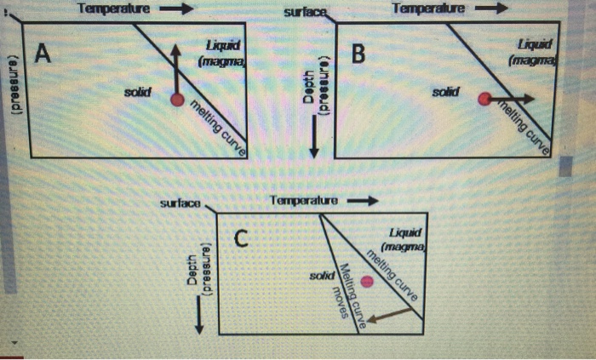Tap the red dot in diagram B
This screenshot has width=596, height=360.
(x=484, y=100)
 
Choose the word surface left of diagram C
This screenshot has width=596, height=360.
(x=180, y=203)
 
